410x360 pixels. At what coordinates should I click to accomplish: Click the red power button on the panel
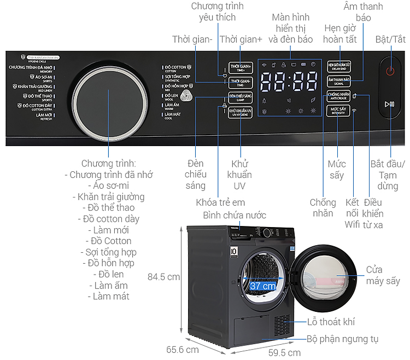point(390,71)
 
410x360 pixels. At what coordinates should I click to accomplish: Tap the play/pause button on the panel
point(389,103)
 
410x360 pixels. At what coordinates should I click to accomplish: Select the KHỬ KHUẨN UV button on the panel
point(240,112)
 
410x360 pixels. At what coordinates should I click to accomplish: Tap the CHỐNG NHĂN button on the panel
point(339,96)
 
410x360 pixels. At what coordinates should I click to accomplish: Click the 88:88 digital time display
point(289,83)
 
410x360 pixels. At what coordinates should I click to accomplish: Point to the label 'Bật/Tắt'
point(390,39)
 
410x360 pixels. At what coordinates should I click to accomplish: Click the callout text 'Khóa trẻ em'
point(220,202)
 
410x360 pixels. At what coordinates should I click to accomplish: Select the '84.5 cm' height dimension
point(163,277)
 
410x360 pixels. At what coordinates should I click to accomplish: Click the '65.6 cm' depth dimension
point(183,349)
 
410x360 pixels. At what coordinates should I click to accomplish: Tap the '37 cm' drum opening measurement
point(262,286)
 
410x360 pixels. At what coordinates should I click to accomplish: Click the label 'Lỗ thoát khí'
point(331,322)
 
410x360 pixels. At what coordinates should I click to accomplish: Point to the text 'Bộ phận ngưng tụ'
point(342,339)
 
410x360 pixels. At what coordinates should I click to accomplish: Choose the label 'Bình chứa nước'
point(234,214)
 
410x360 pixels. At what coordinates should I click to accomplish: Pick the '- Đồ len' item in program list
point(108,274)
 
